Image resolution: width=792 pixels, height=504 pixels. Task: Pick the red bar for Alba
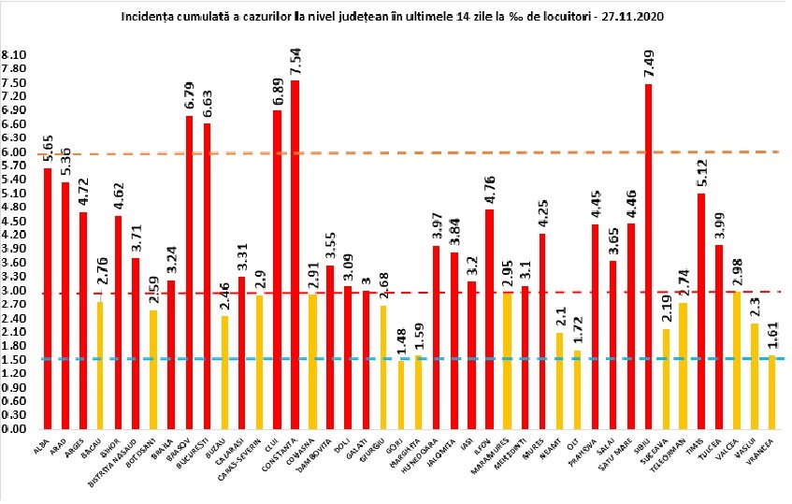(x=47, y=298)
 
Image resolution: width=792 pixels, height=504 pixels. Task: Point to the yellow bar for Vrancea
(x=771, y=392)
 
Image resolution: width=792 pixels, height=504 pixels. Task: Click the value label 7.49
(x=648, y=63)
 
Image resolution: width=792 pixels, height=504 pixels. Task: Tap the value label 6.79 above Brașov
(x=190, y=95)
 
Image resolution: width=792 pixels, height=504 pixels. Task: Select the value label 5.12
(x=701, y=172)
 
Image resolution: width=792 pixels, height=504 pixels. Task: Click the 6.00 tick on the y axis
(x=14, y=151)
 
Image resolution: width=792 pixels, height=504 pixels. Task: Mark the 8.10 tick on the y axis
(x=14, y=55)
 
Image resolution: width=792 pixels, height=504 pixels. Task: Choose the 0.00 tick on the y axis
(x=14, y=429)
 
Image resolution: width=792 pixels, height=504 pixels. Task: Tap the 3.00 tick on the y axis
(x=14, y=290)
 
